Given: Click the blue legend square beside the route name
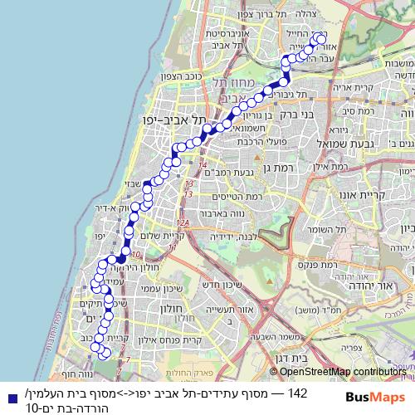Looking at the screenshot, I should (8, 397).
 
